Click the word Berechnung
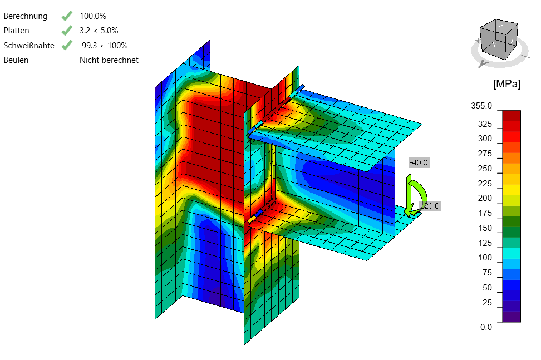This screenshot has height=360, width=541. [26, 16]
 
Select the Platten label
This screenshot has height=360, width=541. [16, 31]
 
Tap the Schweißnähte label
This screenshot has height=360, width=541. [29, 46]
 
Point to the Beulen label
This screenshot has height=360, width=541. [16, 60]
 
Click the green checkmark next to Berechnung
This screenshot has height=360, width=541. [67, 16]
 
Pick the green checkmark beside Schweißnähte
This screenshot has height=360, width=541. [67, 45]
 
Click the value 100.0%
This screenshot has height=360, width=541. [93, 16]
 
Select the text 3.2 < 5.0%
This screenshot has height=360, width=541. [99, 31]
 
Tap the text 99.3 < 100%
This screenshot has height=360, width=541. [105, 46]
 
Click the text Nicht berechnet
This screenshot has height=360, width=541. [109, 60]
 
